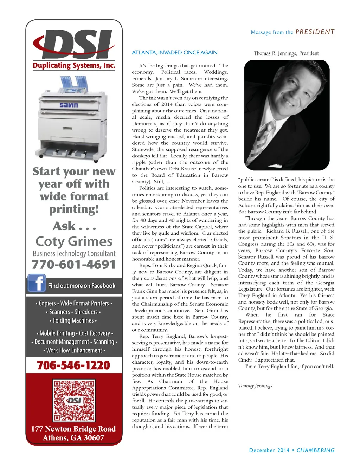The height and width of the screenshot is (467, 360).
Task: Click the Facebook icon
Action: coord(37,283)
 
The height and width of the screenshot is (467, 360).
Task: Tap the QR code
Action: coord(74,400)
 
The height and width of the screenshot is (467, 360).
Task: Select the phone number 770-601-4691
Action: coord(74,265)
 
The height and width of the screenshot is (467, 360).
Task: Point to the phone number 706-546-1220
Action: coord(73,365)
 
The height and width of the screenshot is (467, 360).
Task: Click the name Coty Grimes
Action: coord(74,241)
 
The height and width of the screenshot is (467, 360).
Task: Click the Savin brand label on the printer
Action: coord(69,105)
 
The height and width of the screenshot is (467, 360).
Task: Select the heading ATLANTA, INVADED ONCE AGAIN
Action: coord(174,53)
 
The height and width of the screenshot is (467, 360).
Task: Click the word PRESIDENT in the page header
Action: coord(315,32)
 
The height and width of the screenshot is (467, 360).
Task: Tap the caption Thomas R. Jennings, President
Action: coord(286,53)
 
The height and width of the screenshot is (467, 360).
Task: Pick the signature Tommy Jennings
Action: coord(255,385)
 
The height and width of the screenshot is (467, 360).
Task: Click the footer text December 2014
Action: coord(269,450)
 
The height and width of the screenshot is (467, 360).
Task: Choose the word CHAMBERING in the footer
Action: coord(315,450)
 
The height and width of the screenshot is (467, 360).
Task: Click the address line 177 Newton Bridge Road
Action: coord(73,429)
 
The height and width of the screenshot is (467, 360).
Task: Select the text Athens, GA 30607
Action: coord(73,438)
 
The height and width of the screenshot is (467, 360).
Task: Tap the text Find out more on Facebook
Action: coord(82,286)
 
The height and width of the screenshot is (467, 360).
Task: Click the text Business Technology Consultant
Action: coord(74,254)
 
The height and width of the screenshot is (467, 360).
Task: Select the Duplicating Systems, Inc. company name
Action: coord(74,66)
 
